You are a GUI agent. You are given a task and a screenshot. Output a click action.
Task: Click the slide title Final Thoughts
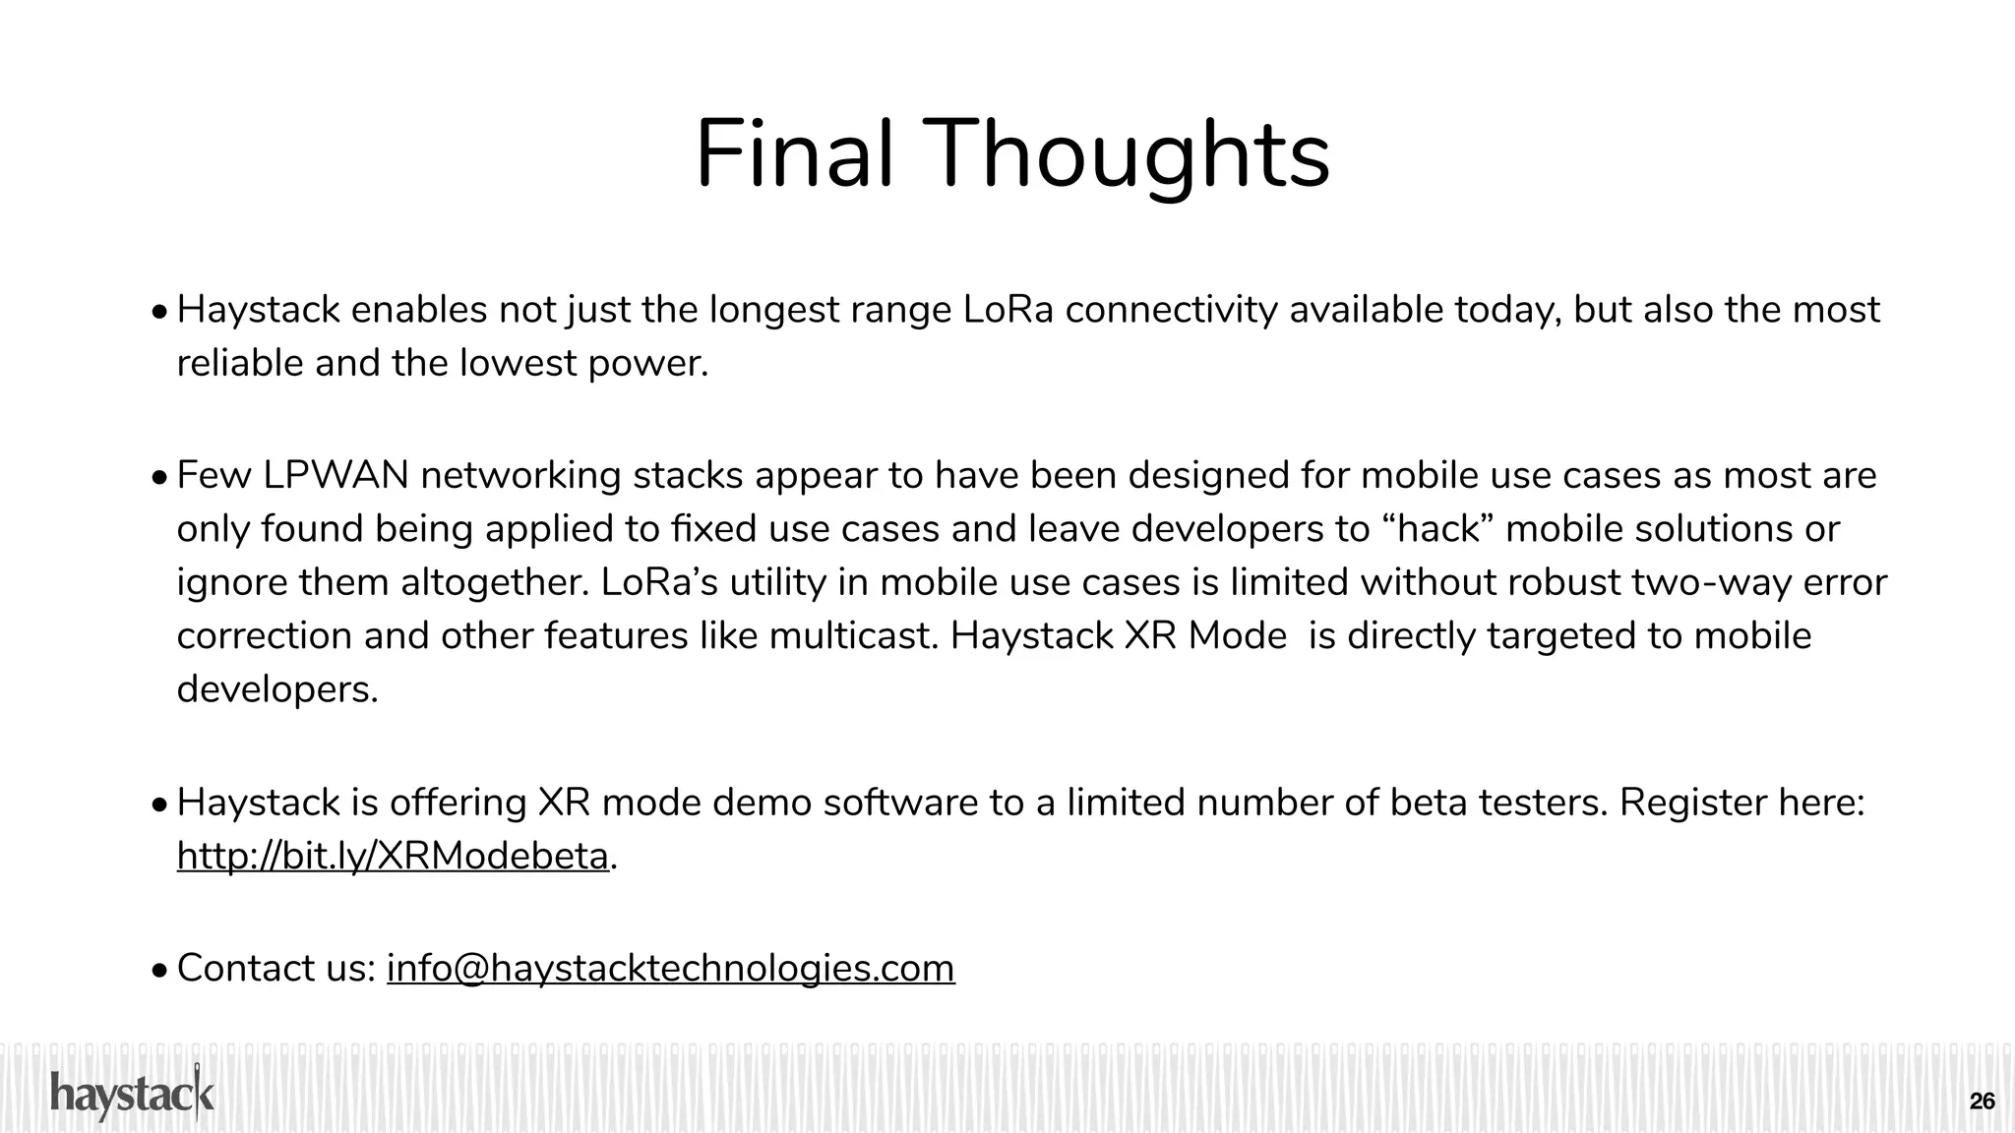click(x=1012, y=155)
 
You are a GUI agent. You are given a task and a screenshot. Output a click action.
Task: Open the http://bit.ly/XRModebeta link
click(x=393, y=857)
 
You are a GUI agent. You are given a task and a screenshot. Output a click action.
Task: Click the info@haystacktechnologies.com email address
click(x=670, y=969)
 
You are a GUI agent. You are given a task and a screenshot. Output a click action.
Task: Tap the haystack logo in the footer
click(x=132, y=1095)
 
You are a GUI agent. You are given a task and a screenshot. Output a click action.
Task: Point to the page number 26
click(x=1983, y=1102)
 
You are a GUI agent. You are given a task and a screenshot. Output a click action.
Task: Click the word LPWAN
click(x=336, y=476)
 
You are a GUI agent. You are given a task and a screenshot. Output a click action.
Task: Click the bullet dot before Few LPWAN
click(x=160, y=479)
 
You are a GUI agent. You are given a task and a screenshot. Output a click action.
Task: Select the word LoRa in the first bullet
click(x=1007, y=311)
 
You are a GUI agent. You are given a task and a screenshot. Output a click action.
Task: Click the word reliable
click(x=240, y=364)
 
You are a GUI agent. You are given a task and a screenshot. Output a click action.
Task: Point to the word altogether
click(x=493, y=582)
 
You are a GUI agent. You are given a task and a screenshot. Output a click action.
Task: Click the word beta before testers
click(x=1423, y=804)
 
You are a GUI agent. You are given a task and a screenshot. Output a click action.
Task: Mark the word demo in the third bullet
click(x=761, y=804)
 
